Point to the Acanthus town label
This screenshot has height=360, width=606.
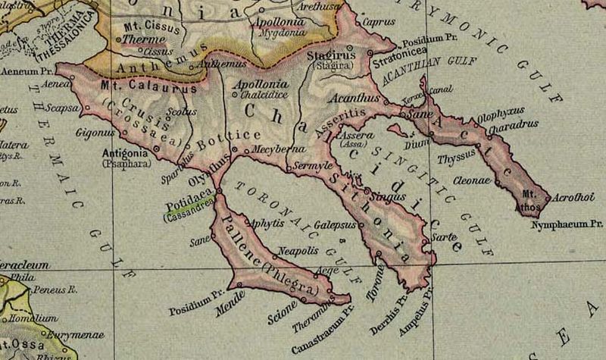353,99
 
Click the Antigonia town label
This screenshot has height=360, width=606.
123,152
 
